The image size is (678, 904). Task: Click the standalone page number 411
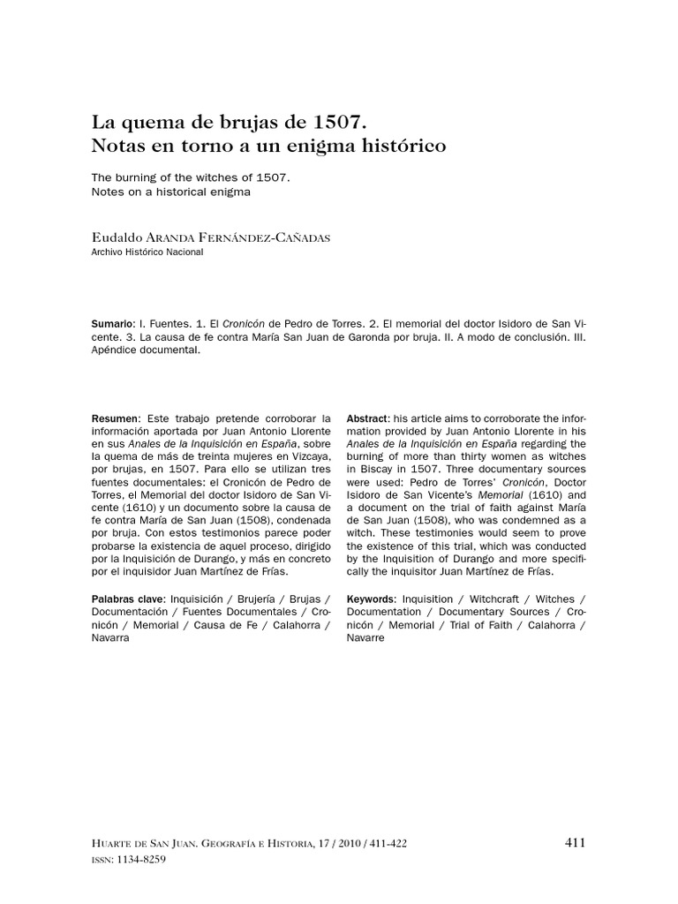click(x=575, y=842)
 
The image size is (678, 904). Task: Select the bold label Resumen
click(x=116, y=418)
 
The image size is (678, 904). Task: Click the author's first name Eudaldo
click(x=116, y=238)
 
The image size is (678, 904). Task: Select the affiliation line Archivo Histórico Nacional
click(x=147, y=252)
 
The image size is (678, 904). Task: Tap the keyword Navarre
click(x=365, y=638)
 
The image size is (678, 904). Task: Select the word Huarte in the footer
click(x=115, y=844)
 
